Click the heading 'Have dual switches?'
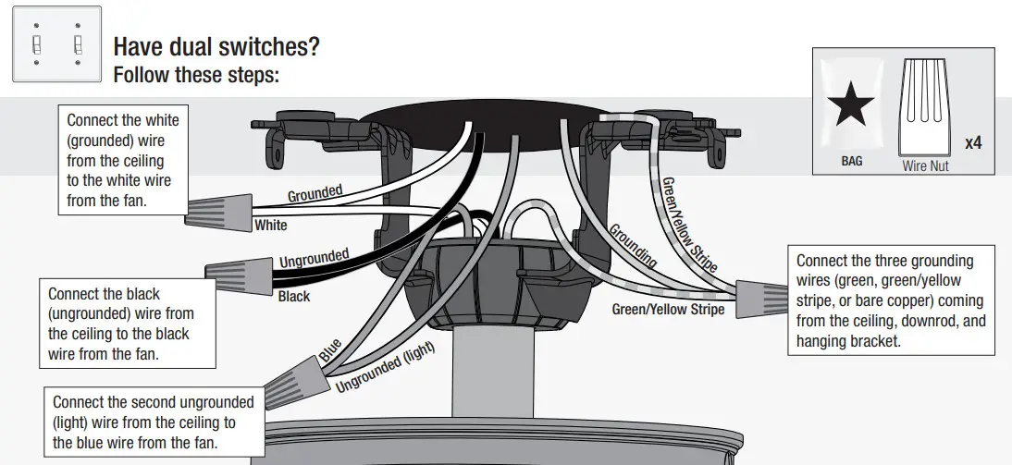(221, 46)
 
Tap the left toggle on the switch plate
(36, 45)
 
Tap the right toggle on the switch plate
(78, 45)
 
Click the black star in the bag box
(851, 106)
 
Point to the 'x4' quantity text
(973, 143)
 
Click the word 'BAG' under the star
(851, 161)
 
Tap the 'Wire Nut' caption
(925, 166)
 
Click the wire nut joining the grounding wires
(762, 295)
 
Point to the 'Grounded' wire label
(315, 194)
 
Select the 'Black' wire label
(294, 297)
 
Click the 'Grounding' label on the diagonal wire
(634, 245)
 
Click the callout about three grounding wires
(891, 300)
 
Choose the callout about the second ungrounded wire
(153, 422)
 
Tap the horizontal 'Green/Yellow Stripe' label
(668, 310)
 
